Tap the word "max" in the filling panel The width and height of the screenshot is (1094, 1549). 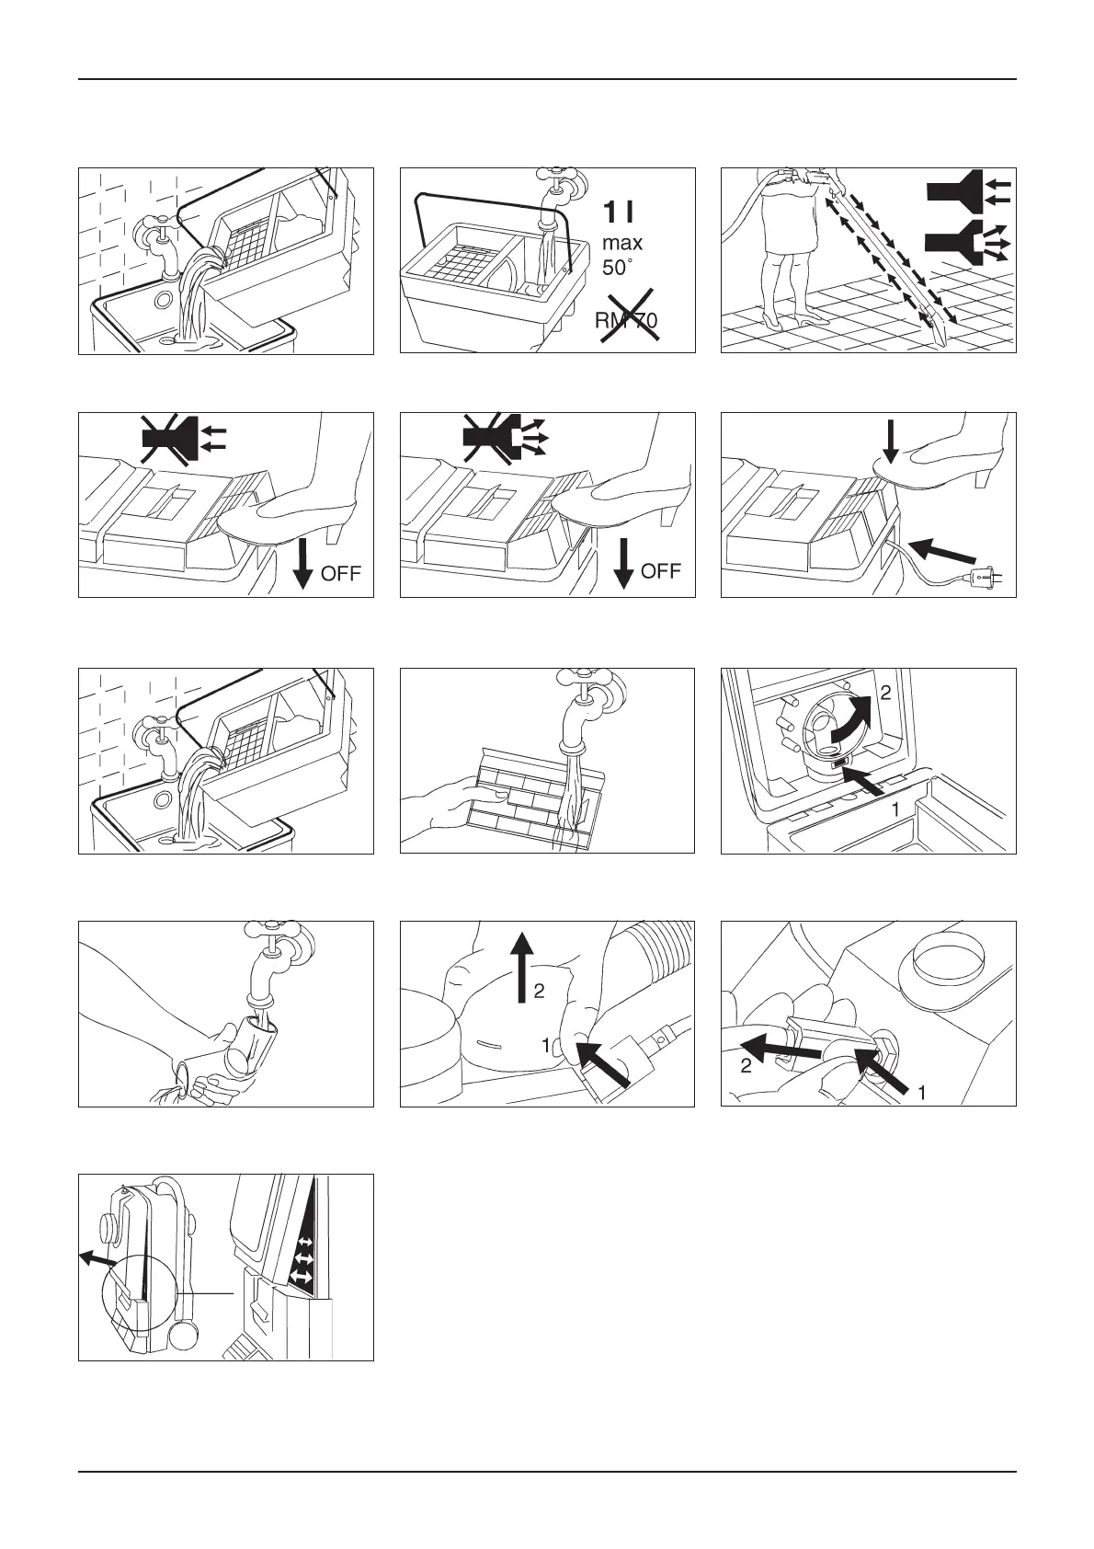pyautogui.click(x=621, y=244)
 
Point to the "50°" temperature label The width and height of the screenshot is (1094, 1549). pyautogui.click(x=617, y=268)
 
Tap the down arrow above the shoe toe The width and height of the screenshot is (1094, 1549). pyautogui.click(x=891, y=442)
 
